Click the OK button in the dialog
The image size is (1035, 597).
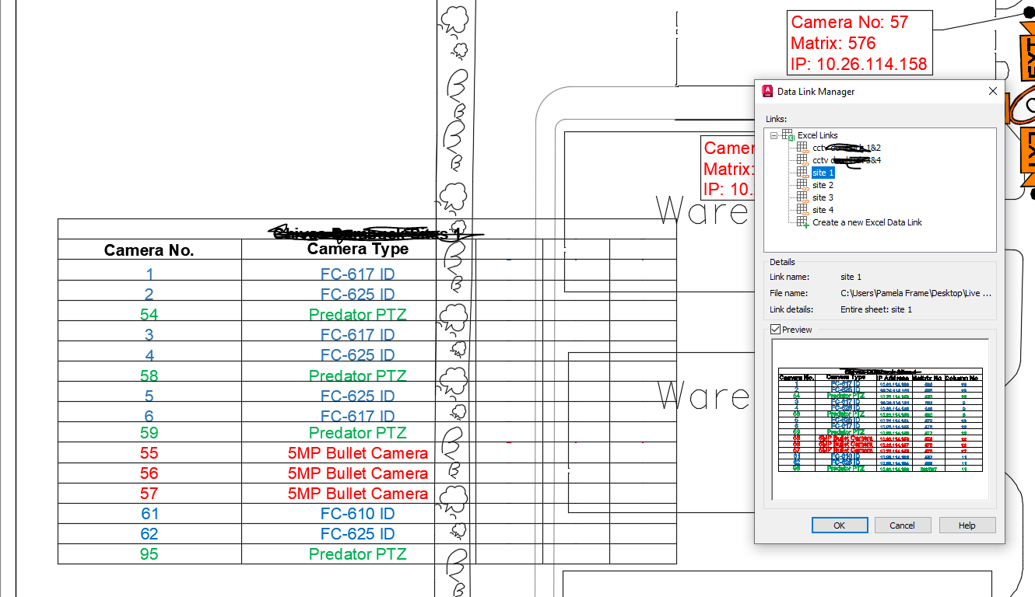839,525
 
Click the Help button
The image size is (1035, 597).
967,525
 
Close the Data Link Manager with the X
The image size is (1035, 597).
992,91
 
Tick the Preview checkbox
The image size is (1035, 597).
775,330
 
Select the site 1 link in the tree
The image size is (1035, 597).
823,173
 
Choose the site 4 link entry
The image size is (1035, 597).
823,210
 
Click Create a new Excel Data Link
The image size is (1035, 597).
867,222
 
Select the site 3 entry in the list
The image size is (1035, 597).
823,197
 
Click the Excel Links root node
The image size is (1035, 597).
817,135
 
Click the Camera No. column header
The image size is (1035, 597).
149,250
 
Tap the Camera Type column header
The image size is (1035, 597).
358,249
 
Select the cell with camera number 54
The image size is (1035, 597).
149,315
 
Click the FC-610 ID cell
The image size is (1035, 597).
358,514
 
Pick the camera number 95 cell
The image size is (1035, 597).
149,554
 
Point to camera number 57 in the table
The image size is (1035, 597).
149,494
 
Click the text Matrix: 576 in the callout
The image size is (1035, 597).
833,44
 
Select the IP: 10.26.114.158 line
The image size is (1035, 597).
858,64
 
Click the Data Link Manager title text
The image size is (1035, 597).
816,92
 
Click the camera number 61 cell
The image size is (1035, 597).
149,514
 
